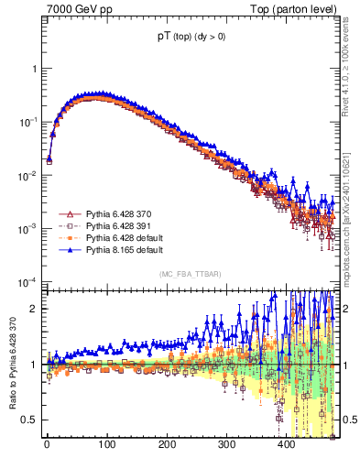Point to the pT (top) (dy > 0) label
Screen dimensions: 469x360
(193, 38)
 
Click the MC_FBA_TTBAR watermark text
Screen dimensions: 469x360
(193, 275)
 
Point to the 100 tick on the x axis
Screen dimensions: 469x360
(106, 445)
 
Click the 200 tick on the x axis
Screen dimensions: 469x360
(167, 445)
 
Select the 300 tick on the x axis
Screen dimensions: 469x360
(226, 445)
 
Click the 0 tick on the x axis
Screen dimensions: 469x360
(47, 445)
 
